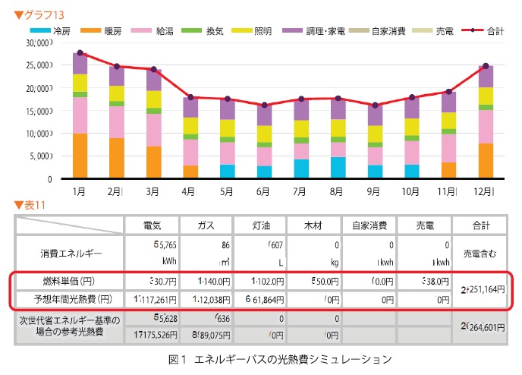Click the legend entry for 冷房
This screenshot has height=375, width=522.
(54, 30)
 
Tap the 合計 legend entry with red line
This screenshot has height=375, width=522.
(483, 30)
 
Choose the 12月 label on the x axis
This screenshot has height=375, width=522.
(486, 192)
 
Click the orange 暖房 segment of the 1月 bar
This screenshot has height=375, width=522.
(79, 156)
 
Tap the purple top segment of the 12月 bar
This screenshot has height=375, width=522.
(486, 76)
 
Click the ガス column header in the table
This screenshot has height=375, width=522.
(206, 225)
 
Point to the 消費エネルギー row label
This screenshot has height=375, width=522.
(70, 251)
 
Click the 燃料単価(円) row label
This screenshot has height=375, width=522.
(70, 279)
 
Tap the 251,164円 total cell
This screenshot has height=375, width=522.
(480, 289)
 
